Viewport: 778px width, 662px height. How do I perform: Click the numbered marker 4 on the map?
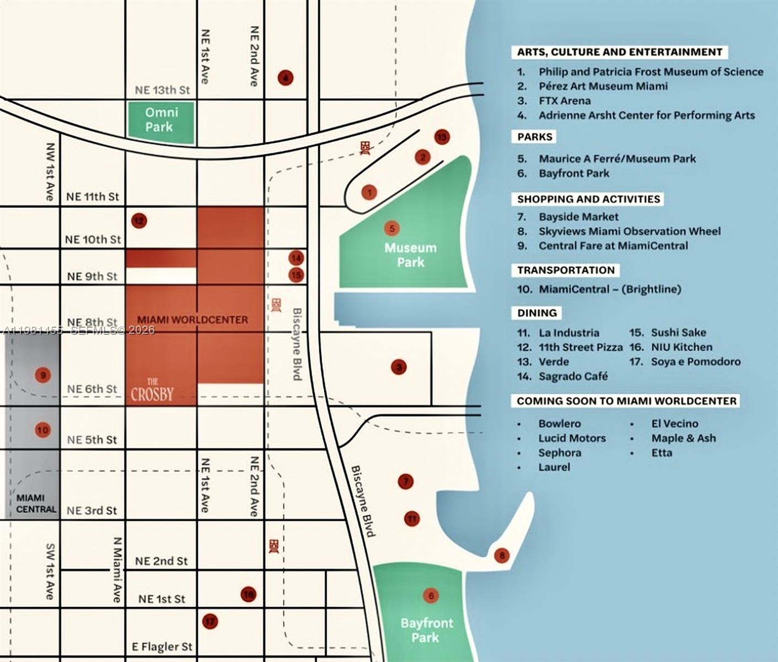point(285,78)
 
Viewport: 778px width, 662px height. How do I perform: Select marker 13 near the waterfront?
point(442,137)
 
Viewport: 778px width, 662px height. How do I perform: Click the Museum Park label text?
point(410,255)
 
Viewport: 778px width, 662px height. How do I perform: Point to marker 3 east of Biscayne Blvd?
point(399,366)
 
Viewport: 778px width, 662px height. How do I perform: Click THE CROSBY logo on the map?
point(152,390)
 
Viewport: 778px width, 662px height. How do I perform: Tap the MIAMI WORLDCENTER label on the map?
point(192,320)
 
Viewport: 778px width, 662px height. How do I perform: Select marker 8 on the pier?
point(501,555)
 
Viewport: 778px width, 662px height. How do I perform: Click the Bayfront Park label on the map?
point(426,630)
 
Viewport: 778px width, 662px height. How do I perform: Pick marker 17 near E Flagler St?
point(210,622)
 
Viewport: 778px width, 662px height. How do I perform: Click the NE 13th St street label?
point(162,90)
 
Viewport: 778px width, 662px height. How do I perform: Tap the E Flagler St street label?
point(162,647)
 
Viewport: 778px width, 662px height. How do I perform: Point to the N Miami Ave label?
point(117,569)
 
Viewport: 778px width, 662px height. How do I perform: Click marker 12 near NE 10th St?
point(138,221)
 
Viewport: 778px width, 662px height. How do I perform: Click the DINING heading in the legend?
point(537,313)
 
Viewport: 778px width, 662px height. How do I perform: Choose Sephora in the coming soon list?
point(560,453)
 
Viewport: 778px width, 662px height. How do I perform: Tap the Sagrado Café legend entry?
point(573,377)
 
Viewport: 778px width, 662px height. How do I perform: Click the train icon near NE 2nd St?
point(274,546)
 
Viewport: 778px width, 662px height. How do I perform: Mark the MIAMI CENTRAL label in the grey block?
point(36,504)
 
